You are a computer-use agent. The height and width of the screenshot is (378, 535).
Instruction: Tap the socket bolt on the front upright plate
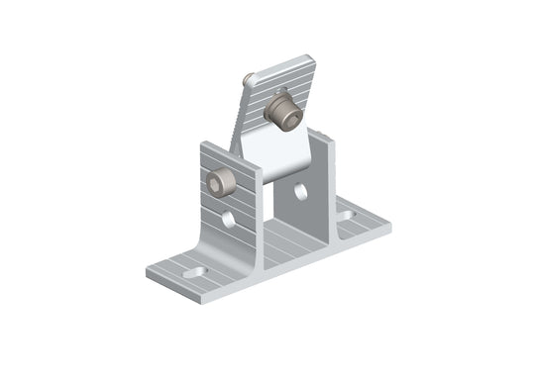[x=221, y=182]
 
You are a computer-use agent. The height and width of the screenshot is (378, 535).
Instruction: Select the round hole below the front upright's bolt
[x=229, y=219]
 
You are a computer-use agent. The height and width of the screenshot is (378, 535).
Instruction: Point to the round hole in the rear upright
[x=300, y=192]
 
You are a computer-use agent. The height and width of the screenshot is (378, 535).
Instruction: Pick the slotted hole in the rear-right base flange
[x=345, y=214]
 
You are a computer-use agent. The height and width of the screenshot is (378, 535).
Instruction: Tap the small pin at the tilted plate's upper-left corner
[x=251, y=79]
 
